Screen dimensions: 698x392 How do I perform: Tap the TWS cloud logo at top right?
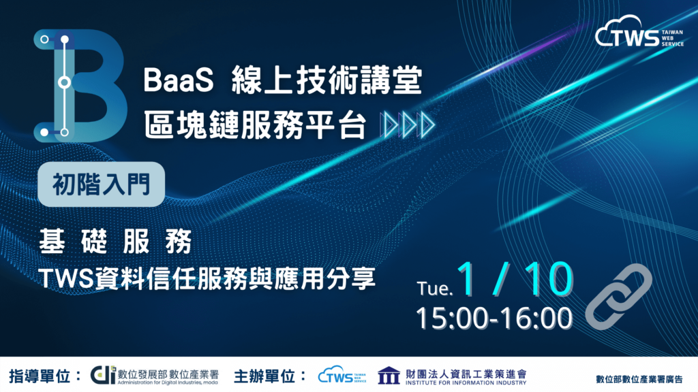[x=639, y=31]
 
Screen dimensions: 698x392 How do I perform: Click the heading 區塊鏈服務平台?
[x=255, y=125]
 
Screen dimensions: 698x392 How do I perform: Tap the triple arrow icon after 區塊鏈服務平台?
[x=408, y=125]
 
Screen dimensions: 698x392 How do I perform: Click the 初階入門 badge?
[x=102, y=184]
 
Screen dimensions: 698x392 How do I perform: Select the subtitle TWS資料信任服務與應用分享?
[x=207, y=278]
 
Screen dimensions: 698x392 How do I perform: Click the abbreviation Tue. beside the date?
[x=435, y=289]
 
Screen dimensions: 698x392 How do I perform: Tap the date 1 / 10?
[x=515, y=278]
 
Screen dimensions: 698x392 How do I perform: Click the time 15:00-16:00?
[x=494, y=318]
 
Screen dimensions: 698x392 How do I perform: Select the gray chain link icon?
[x=619, y=297]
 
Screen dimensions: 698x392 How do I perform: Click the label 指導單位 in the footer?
[x=40, y=376]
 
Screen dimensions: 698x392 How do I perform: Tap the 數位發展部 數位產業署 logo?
[x=155, y=376]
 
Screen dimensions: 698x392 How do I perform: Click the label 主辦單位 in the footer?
[x=264, y=376]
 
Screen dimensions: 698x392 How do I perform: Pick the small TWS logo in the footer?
[x=342, y=375]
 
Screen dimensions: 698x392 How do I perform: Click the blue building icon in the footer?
[x=389, y=376]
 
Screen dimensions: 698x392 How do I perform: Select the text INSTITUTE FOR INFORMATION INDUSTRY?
[x=466, y=382]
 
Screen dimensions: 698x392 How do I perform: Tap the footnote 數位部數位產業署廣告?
[x=639, y=379]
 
